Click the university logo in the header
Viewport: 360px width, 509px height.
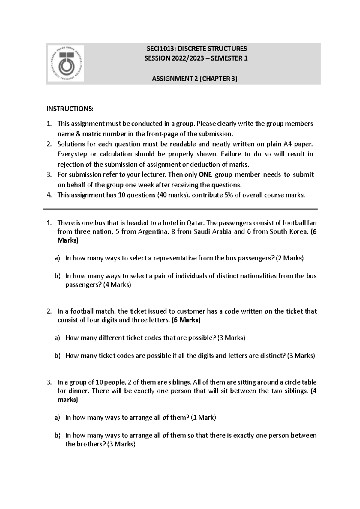tap(65, 64)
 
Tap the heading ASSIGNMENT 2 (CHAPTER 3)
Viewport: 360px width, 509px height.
tap(195, 79)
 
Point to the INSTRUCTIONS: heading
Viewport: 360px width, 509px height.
tap(70, 109)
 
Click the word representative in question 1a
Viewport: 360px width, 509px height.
tap(175, 258)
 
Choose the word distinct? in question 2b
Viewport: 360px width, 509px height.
tap(273, 356)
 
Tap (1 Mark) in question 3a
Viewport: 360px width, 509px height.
tap(203, 418)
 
